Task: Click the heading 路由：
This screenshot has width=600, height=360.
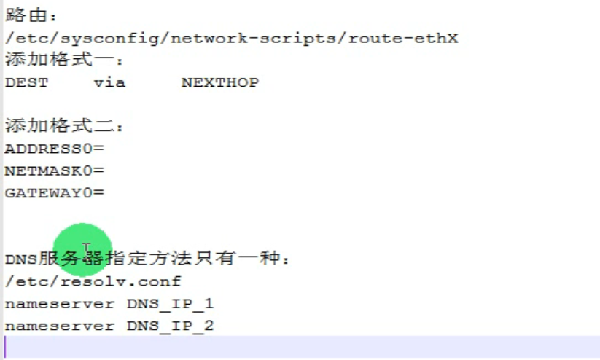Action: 31,15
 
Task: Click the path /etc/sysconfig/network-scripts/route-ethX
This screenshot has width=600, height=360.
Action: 231,38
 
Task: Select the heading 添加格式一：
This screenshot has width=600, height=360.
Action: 65,60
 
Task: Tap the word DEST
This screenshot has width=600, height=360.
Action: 26,82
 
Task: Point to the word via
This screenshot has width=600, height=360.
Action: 109,82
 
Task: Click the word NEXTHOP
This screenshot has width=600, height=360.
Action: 219,82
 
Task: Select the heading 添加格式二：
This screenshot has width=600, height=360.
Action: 65,126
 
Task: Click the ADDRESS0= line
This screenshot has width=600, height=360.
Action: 55,149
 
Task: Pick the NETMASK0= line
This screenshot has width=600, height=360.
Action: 55,171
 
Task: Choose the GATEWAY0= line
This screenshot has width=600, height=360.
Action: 55,193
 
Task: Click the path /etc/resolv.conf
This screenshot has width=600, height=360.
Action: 93,281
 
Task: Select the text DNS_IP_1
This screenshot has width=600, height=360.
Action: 170,304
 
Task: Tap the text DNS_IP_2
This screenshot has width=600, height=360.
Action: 170,326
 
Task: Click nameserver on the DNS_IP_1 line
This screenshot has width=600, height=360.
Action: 59,304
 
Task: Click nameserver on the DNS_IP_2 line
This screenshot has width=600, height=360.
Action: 59,326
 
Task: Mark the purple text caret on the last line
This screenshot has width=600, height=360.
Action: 6,347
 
